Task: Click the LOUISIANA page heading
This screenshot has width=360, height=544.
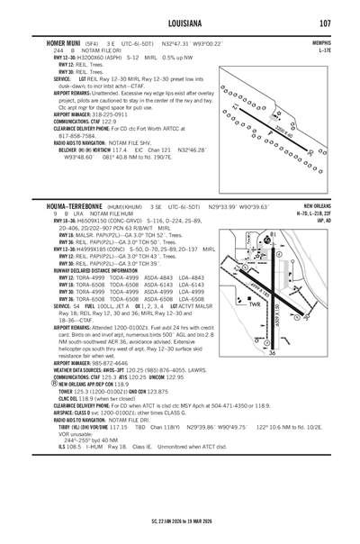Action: point(180,23)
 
